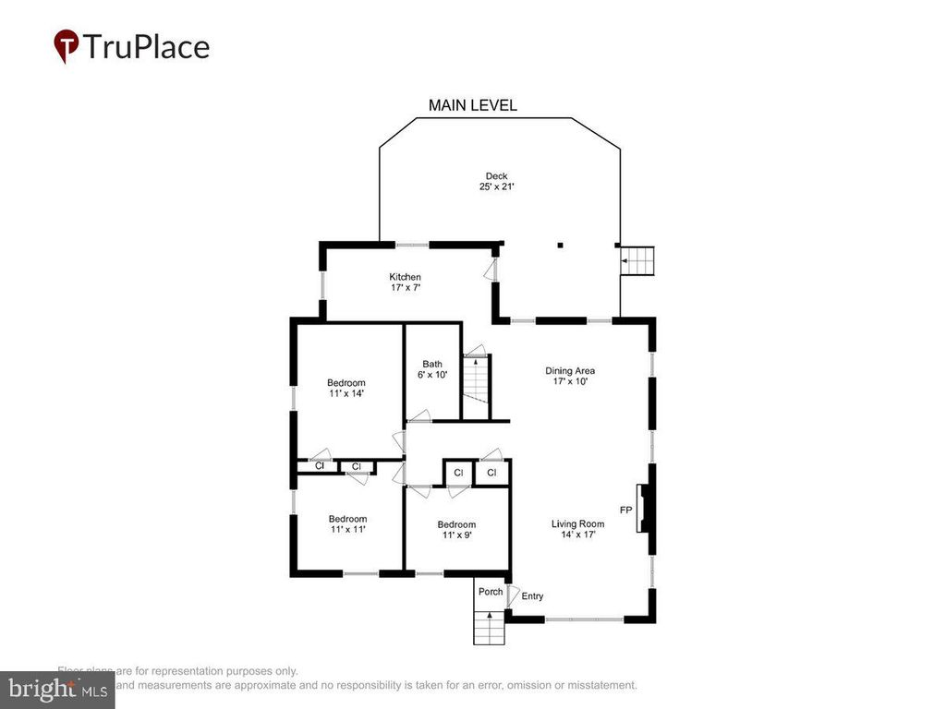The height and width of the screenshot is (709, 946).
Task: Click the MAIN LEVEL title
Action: pyautogui.click(x=472, y=105)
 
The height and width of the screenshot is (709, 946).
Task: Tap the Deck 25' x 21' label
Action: pyautogui.click(x=497, y=181)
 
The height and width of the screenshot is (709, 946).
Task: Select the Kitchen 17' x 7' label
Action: pyautogui.click(x=405, y=282)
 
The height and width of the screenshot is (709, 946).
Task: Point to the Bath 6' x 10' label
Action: pyautogui.click(x=433, y=368)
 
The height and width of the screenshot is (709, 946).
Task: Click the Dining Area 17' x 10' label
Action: pyautogui.click(x=573, y=375)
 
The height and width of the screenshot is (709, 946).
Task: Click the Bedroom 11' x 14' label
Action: pyautogui.click(x=346, y=388)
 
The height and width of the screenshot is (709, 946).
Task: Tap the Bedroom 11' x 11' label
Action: pyautogui.click(x=347, y=523)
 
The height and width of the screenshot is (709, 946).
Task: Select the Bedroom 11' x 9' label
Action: pyautogui.click(x=456, y=529)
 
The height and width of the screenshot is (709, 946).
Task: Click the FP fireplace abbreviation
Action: pyautogui.click(x=625, y=510)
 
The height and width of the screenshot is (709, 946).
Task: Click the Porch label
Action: pyautogui.click(x=491, y=592)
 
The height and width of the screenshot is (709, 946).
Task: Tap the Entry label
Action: pyautogui.click(x=532, y=596)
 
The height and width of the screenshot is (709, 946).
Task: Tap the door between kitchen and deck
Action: pyautogui.click(x=491, y=270)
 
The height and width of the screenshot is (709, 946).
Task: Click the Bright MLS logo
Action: pyautogui.click(x=57, y=688)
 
